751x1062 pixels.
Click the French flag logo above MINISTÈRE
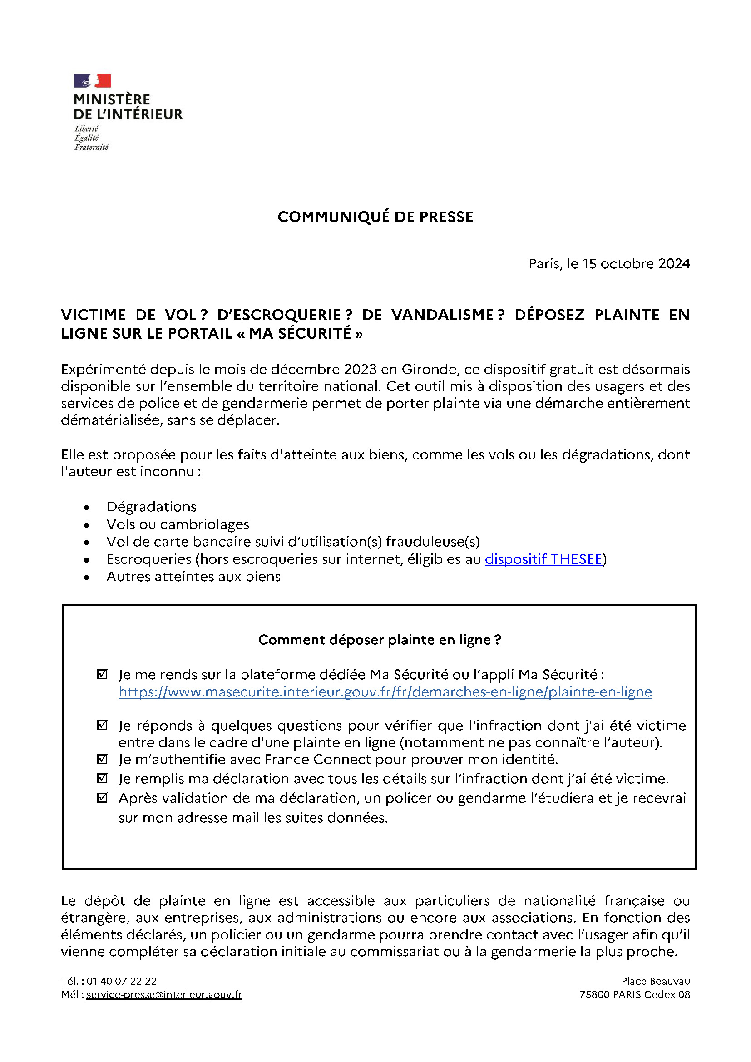coord(92,81)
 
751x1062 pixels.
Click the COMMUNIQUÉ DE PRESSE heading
coord(375,217)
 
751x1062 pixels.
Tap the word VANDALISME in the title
coord(443,315)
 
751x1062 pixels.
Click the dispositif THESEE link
coord(543,559)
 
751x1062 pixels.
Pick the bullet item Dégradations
coord(151,507)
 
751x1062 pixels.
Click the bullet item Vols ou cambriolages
coord(178,524)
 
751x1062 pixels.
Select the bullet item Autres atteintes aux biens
coord(193,577)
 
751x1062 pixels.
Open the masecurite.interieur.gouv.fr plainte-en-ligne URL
coord(385,692)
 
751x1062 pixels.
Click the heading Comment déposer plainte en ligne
coord(379,640)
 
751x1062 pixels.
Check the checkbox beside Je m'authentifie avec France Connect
coord(102,759)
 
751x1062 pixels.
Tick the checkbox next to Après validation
coord(102,798)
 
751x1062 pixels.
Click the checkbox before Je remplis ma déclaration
coord(102,779)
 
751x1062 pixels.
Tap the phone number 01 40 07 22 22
coord(122,982)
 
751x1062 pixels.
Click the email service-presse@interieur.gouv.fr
coord(164,995)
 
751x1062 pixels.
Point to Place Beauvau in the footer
coord(655,982)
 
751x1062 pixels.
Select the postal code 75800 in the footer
coord(594,995)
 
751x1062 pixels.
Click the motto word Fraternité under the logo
coord(92,147)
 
